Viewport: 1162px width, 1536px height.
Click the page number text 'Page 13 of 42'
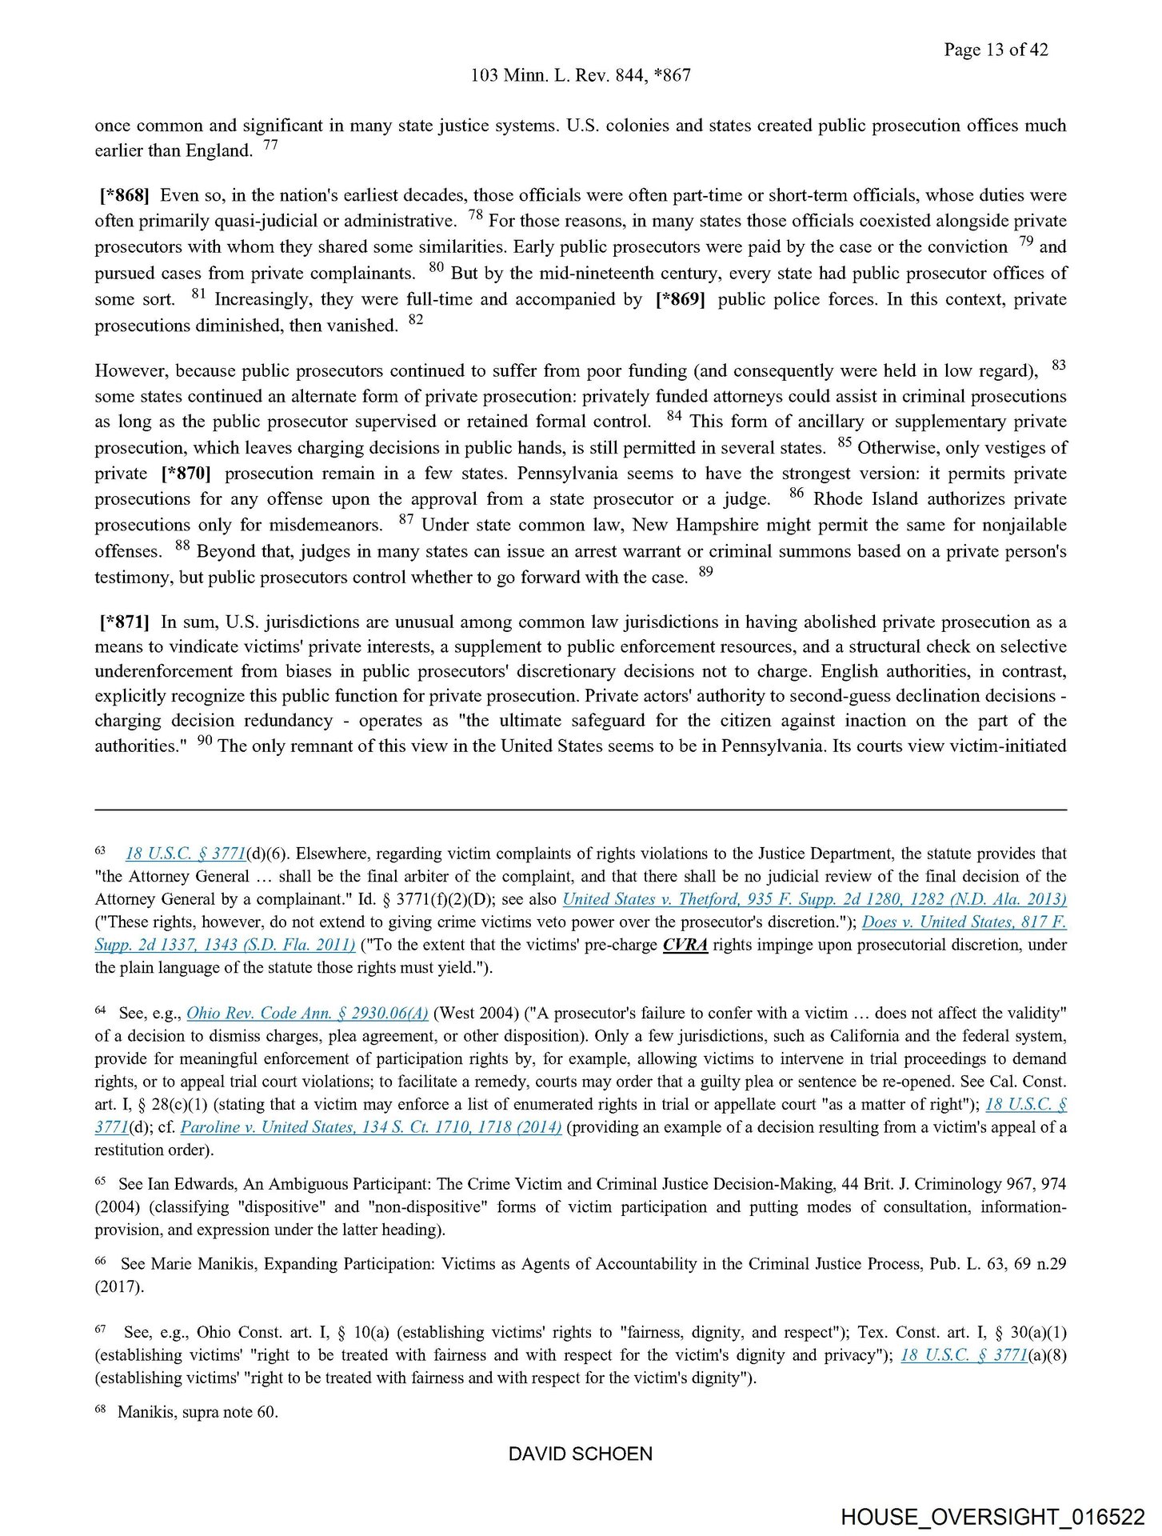pos(995,50)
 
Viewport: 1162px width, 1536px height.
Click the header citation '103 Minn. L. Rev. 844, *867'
pos(581,75)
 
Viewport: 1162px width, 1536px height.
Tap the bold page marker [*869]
pos(680,299)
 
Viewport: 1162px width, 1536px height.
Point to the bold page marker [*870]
pos(186,473)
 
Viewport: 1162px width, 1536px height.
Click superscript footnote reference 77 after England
pos(270,146)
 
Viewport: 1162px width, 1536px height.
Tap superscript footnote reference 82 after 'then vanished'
pos(416,320)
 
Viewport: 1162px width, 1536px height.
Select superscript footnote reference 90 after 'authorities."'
pos(205,741)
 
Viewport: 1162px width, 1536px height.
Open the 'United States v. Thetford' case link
pos(814,898)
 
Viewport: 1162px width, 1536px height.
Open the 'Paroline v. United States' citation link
pos(371,1127)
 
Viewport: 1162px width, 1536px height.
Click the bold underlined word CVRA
pos(685,945)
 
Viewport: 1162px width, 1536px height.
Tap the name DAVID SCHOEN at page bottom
pos(581,1454)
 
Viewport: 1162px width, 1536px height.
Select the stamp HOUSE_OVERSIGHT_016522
pos(992,1517)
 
